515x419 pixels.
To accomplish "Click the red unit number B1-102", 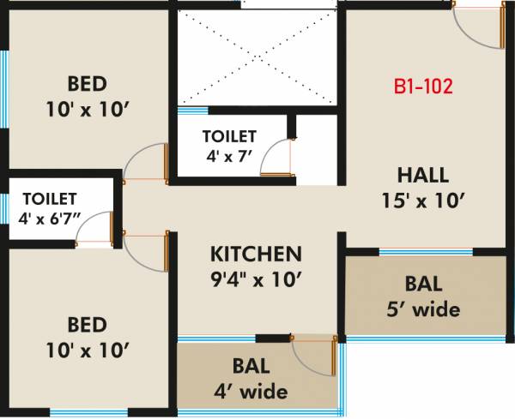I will click(422, 87).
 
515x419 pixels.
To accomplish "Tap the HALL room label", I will click(422, 176).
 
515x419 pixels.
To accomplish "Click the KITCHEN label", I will click(257, 254).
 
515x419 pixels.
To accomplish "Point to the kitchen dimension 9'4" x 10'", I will click(257, 279).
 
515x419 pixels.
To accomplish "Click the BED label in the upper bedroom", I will click(88, 84).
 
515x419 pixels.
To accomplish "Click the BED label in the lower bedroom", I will click(88, 325).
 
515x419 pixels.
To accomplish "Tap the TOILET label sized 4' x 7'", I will click(229, 136).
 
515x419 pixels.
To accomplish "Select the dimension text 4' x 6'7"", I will click(50, 218).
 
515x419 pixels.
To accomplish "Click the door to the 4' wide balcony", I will click(314, 354).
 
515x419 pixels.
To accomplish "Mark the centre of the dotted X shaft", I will click(257, 58).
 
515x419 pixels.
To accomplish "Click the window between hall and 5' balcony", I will click(425, 252).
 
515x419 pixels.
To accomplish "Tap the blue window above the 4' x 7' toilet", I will click(192, 110).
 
